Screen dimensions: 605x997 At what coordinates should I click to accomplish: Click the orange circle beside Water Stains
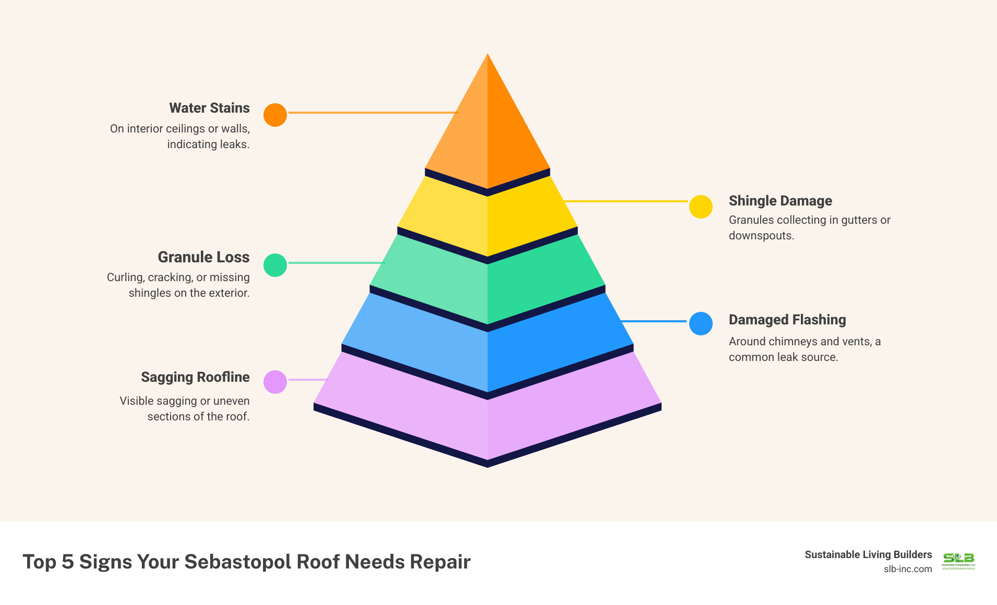click(275, 115)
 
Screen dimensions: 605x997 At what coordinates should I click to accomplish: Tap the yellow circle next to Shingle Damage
click(701, 207)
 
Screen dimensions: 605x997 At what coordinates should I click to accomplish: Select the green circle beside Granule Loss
click(275, 265)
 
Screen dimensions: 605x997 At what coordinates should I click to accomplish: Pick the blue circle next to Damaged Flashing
click(701, 323)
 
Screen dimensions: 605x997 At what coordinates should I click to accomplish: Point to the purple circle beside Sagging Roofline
click(275, 382)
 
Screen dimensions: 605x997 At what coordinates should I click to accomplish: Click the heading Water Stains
click(209, 108)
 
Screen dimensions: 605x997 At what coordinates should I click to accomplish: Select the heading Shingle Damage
click(780, 201)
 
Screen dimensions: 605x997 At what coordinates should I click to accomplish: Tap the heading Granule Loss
click(203, 257)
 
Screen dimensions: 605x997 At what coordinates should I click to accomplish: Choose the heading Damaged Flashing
click(787, 320)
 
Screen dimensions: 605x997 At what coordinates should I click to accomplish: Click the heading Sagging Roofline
click(195, 377)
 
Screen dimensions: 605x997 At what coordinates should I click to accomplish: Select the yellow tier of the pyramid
click(487, 219)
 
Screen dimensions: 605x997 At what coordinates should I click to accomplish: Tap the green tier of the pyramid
click(487, 282)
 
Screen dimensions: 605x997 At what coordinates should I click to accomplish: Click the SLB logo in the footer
click(958, 561)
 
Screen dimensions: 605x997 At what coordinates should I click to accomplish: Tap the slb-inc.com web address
click(907, 569)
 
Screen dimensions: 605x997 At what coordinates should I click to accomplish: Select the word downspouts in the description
click(761, 236)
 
